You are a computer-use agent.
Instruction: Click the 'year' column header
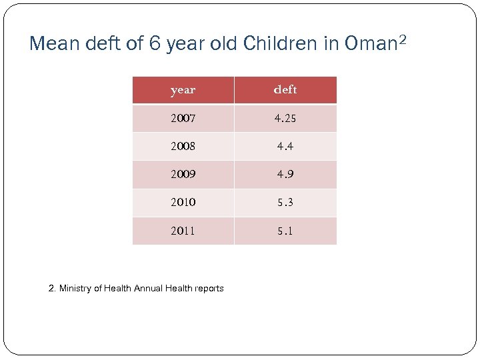coord(183,90)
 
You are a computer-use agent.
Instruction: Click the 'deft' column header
coord(285,89)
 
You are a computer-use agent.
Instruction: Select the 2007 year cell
coord(183,119)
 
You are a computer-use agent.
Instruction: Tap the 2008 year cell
coord(183,147)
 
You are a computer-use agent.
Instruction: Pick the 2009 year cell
coord(183,175)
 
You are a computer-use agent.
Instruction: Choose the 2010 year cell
coord(183,203)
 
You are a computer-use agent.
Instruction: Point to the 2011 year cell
coord(183,231)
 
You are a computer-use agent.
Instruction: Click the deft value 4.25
coord(285,119)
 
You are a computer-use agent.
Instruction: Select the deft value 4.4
coord(285,147)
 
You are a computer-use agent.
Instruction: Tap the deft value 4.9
coord(285,175)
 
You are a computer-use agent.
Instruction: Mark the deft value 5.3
coord(285,203)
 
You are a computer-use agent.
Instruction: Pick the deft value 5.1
coord(285,231)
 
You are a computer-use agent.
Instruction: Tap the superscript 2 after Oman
coord(401,39)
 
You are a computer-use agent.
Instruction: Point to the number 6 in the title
coord(154,44)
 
